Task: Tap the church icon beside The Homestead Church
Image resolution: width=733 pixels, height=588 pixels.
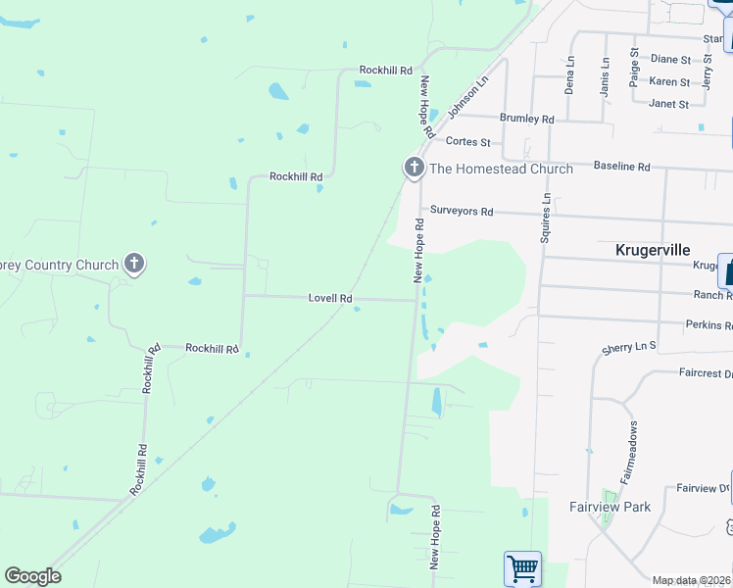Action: pyautogui.click(x=414, y=168)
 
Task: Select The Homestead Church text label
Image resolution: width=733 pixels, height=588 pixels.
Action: pyautogui.click(x=501, y=169)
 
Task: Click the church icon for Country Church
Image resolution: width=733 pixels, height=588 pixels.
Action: pyautogui.click(x=134, y=264)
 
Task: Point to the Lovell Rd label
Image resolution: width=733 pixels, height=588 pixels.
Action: pyautogui.click(x=330, y=298)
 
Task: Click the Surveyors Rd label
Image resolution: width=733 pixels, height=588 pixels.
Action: pyautogui.click(x=462, y=212)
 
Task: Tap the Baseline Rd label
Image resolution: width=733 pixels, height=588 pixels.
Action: pyautogui.click(x=621, y=167)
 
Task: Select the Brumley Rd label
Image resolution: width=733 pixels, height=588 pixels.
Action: pyautogui.click(x=527, y=119)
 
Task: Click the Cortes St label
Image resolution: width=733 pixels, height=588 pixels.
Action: pyautogui.click(x=467, y=142)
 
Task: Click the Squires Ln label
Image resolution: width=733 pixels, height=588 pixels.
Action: pyautogui.click(x=546, y=218)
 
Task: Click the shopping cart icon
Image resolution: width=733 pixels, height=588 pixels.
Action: pyautogui.click(x=522, y=568)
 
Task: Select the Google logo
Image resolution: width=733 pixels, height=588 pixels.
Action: pyautogui.click(x=32, y=576)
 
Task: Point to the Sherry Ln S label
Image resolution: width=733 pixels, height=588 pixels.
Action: pyautogui.click(x=629, y=347)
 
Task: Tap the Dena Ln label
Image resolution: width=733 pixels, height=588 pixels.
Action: pyautogui.click(x=569, y=74)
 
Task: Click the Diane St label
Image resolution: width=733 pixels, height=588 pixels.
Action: pyautogui.click(x=670, y=60)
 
